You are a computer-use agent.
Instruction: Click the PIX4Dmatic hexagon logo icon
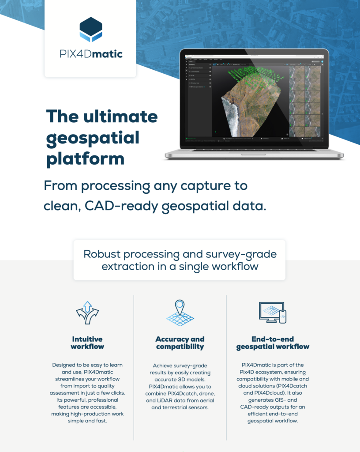[91, 30]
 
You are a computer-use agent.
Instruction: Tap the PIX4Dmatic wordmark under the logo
[91, 55]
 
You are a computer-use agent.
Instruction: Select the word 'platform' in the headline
[85, 159]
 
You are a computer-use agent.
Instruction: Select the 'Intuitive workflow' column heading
[87, 343]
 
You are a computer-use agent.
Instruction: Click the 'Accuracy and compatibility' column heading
[180, 343]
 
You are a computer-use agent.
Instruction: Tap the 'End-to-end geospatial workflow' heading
[273, 343]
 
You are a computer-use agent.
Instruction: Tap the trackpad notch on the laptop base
[254, 154]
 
